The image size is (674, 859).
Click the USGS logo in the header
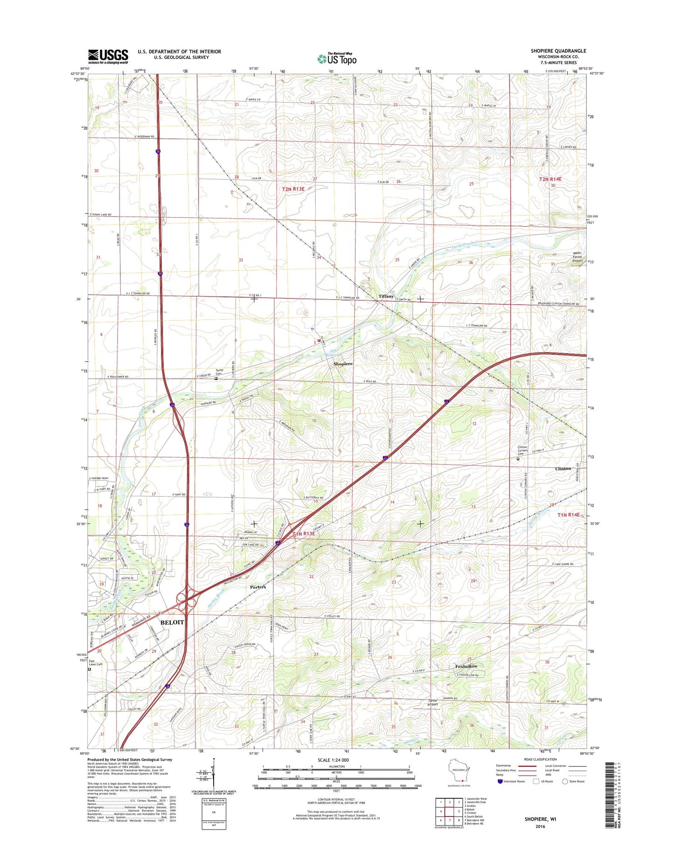(108, 56)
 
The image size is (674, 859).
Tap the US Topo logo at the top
(337, 59)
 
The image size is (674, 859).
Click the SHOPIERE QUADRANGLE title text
(558, 51)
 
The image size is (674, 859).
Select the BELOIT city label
(172, 623)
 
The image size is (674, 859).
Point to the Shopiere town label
(343, 364)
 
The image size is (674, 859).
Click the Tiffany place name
(386, 296)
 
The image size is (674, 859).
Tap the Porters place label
(257, 587)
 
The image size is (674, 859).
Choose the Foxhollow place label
(466, 666)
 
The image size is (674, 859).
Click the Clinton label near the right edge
(563, 469)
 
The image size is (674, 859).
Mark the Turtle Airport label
(433, 702)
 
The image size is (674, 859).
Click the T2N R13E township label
(293, 189)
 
